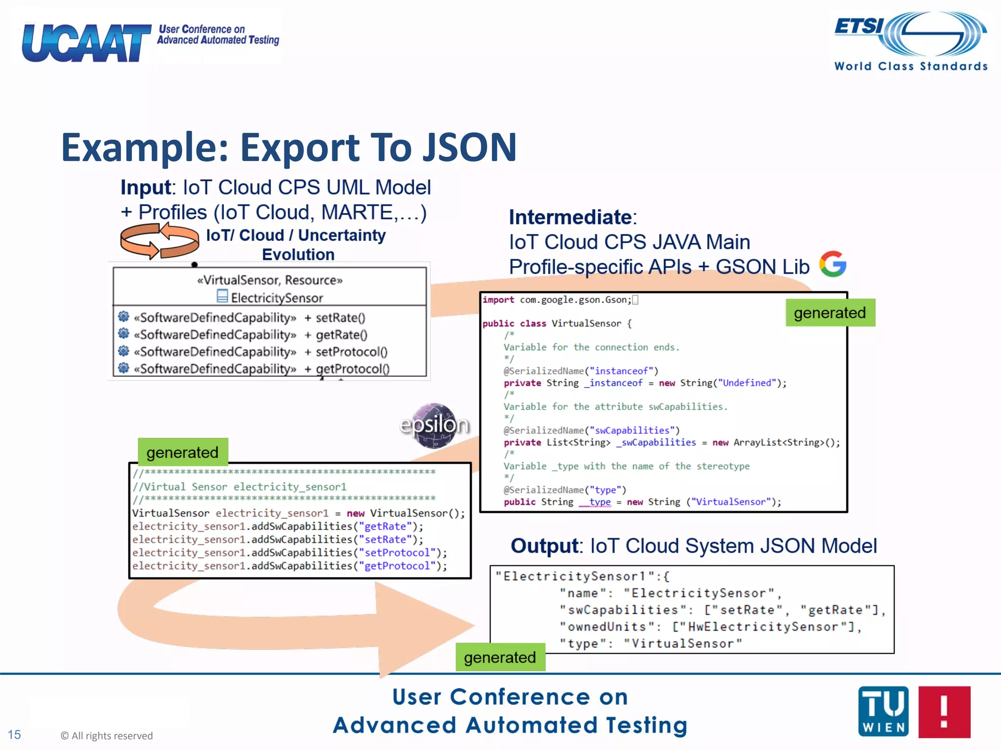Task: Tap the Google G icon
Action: [833, 264]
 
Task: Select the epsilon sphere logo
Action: [434, 425]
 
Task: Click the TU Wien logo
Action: [883, 711]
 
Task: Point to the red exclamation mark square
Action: [944, 711]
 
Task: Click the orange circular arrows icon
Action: [159, 241]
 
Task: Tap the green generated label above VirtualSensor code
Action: [182, 452]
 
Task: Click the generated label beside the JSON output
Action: [500, 657]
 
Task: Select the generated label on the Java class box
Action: [829, 312]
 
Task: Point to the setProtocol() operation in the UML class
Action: [351, 352]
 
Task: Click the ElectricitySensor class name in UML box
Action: [277, 298]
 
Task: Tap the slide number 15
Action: [14, 734]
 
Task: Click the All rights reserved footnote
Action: [107, 735]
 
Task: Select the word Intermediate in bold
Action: [570, 217]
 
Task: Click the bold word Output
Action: [544, 546]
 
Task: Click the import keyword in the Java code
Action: [498, 300]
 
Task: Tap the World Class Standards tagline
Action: [911, 66]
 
